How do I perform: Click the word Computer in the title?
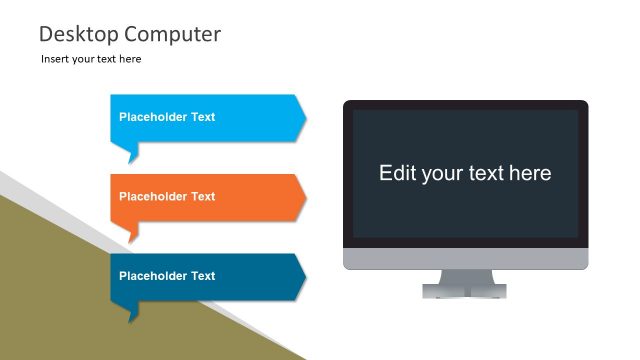click(x=171, y=34)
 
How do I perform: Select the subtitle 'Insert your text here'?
click(x=91, y=59)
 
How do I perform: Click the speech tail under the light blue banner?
click(x=132, y=153)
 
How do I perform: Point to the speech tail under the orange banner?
click(x=132, y=232)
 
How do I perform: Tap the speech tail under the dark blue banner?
click(x=132, y=312)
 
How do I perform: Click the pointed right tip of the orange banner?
click(x=302, y=197)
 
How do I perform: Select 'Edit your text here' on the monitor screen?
click(x=465, y=173)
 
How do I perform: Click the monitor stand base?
click(x=465, y=291)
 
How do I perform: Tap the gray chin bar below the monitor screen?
click(x=465, y=259)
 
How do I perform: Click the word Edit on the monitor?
click(x=397, y=173)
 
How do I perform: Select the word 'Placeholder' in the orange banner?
click(x=153, y=197)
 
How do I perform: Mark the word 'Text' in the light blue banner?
click(x=203, y=117)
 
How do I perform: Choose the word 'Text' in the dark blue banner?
click(x=203, y=276)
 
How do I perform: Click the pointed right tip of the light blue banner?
click(x=302, y=118)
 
